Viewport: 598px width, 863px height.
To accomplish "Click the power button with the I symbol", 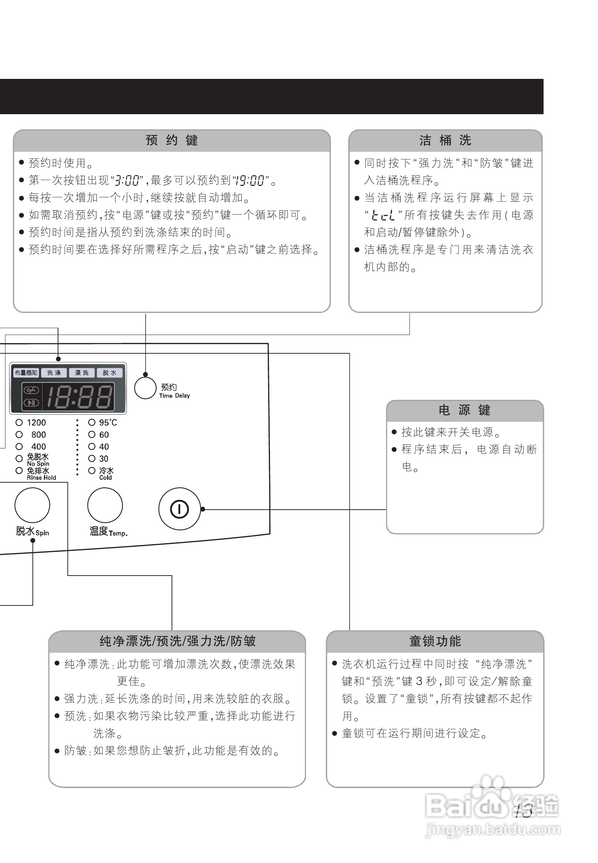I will [180, 509].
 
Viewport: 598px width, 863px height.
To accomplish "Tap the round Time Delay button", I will [145, 388].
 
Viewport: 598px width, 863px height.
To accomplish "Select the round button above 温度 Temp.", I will [105, 505].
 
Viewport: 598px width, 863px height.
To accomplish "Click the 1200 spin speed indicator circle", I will [19, 423].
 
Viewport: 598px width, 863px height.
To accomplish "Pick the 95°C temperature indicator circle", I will [92, 423].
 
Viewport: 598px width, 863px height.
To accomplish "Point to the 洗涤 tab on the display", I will [54, 373].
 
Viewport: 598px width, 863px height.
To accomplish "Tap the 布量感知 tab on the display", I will [26, 373].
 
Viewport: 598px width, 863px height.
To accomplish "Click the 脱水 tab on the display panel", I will [110, 373].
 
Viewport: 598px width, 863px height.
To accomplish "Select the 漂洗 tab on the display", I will [82, 373].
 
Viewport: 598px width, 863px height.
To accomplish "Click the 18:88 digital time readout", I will [79, 397].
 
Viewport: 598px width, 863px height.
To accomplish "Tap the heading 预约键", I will [172, 140].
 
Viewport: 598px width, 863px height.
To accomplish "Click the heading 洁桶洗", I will [445, 140].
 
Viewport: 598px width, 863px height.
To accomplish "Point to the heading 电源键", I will [465, 410].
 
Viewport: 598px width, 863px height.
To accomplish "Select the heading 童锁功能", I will [435, 641].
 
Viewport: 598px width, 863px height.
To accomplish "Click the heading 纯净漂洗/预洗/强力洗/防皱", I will [178, 641].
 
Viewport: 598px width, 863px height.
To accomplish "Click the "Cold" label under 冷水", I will [106, 478].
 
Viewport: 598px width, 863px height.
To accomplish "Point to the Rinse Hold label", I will [41, 478].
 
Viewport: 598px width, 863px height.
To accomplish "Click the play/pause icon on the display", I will [31, 403].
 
